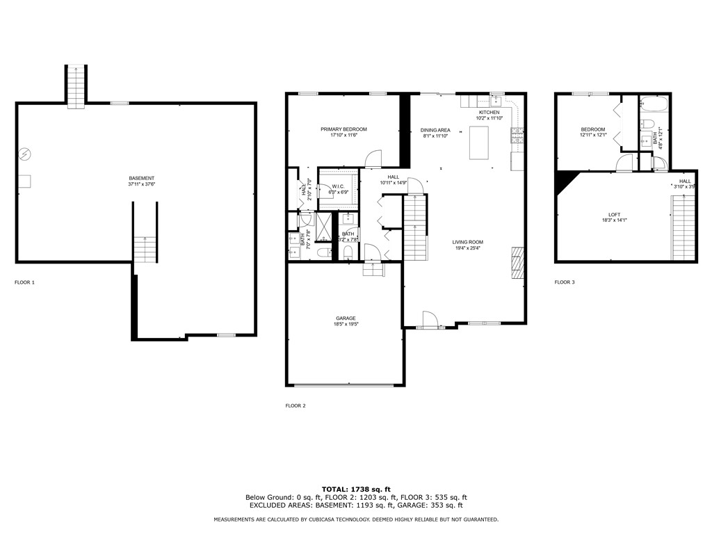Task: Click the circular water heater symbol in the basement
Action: pos(24,154)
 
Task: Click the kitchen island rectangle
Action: pos(479,145)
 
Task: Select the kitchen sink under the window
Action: pos(496,101)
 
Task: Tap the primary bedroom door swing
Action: pos(374,159)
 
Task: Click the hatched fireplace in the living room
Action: pos(517,263)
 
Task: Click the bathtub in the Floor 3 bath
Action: pos(654,105)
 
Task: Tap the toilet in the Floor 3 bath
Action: pos(648,124)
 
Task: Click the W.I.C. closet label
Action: pos(339,186)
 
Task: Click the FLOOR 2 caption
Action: pos(296,405)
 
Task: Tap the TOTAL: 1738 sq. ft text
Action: pos(355,489)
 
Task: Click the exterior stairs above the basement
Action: pos(76,86)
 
